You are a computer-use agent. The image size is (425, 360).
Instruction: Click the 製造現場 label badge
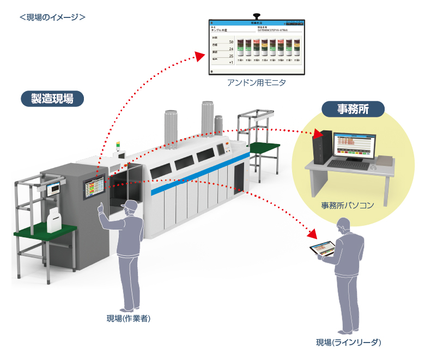tap(52, 98)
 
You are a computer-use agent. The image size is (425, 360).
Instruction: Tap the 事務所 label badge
tap(353, 109)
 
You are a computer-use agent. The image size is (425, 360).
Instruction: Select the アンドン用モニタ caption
tap(256, 83)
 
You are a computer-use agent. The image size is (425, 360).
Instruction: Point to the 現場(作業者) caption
tap(128, 319)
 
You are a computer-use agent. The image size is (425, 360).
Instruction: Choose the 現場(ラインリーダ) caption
tap(348, 343)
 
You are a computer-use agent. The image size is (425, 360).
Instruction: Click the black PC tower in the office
tap(321, 147)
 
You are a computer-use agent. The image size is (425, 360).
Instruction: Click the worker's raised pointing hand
tap(101, 208)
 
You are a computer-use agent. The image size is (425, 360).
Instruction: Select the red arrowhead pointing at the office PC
tap(318, 134)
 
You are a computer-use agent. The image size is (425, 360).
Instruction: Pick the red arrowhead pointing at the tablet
tap(312, 234)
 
